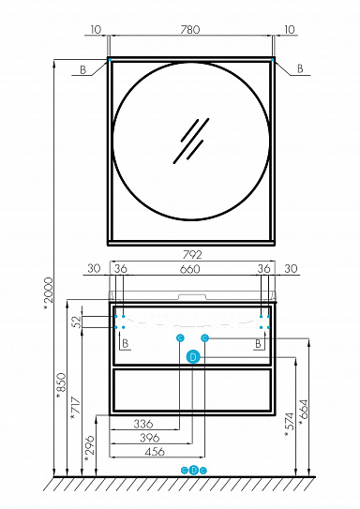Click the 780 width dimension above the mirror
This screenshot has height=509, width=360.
(190, 30)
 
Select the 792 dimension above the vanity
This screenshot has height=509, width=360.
(192, 255)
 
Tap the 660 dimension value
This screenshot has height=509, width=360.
(190, 269)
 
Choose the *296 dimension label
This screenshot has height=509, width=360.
(89, 449)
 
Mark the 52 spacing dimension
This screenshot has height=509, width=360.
(77, 322)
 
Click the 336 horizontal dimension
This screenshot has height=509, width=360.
(143, 424)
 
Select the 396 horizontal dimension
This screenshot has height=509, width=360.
(150, 438)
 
